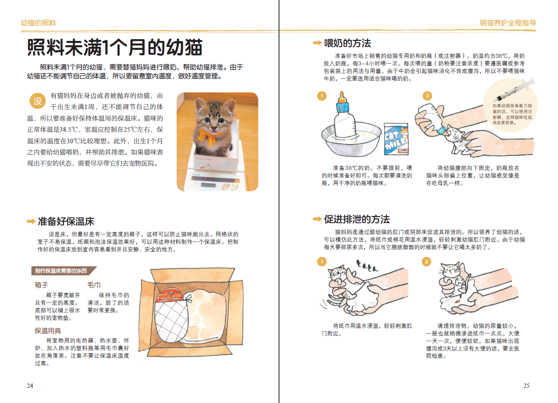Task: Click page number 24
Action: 30,386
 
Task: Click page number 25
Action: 526,386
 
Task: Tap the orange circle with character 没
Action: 38,101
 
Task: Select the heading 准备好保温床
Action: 66,221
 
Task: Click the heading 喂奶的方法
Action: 348,43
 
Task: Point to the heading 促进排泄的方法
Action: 357,219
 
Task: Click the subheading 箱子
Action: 41,285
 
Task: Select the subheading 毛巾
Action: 94,285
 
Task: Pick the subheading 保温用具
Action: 48,331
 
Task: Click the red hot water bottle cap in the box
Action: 170,294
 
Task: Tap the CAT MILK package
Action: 396,139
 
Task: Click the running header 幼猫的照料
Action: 38,23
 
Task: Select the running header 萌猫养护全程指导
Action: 508,23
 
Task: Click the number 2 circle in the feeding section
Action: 427,96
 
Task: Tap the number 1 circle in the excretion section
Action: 322,262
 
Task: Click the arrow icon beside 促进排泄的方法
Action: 317,219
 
